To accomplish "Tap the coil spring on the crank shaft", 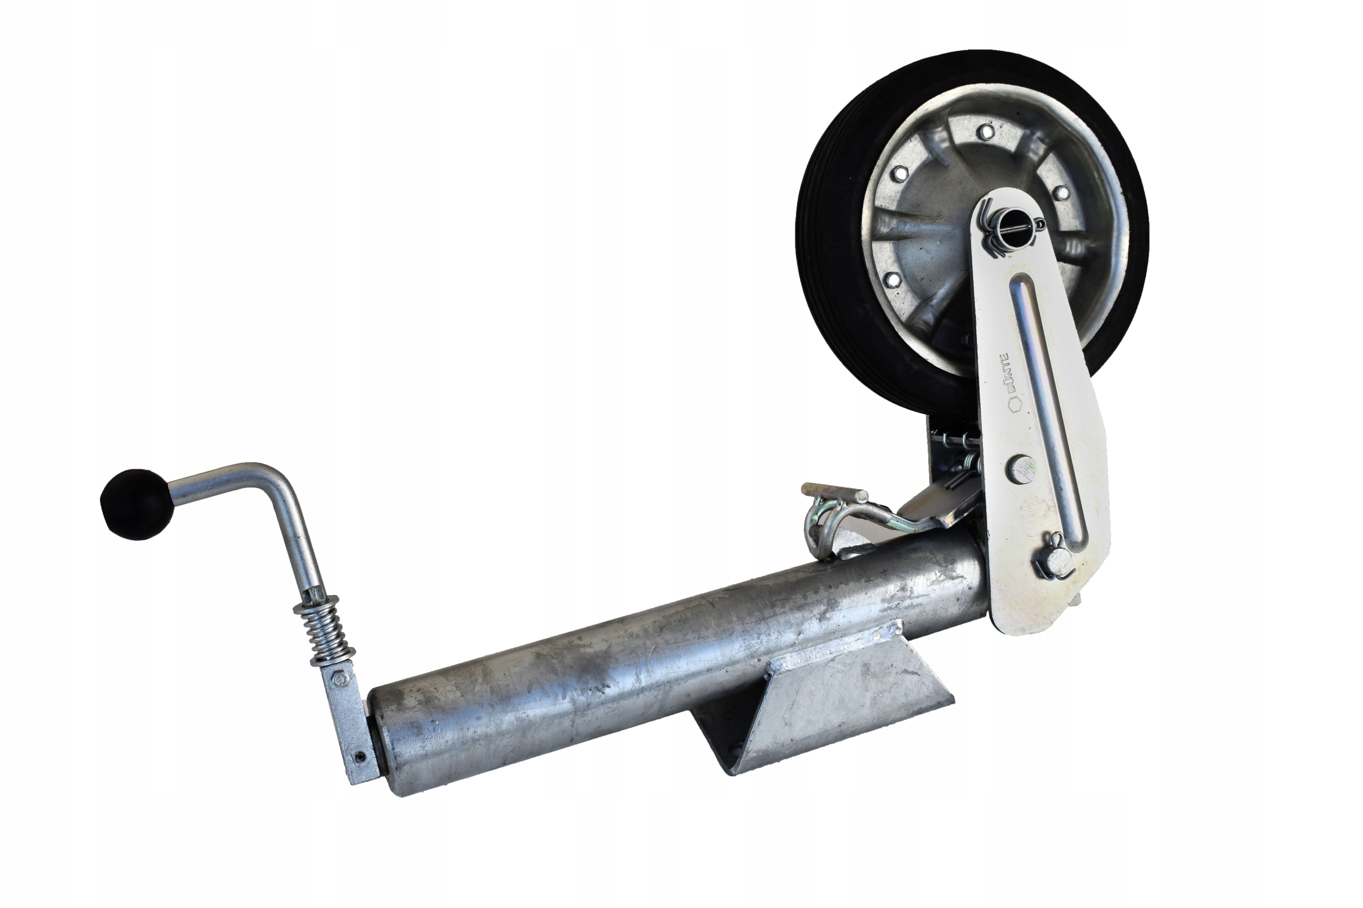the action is (x=325, y=631).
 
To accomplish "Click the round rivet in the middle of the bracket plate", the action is (x=1023, y=469).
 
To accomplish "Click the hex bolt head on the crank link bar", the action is (x=341, y=680).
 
